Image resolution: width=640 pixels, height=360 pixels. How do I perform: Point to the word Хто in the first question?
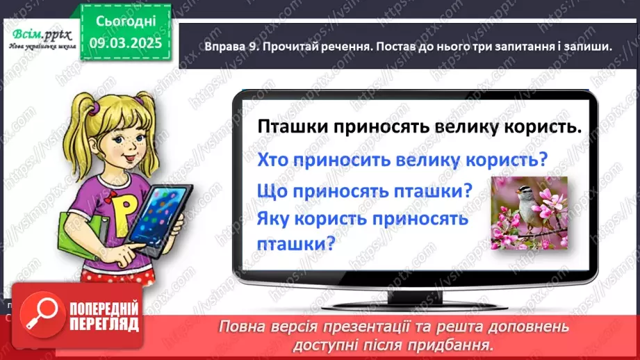click(x=273, y=159)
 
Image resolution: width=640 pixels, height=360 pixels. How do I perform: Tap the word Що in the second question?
click(x=272, y=189)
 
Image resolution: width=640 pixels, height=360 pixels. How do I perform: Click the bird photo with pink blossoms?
click(x=529, y=213)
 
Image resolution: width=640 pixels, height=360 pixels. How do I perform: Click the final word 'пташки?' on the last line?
click(x=296, y=244)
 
